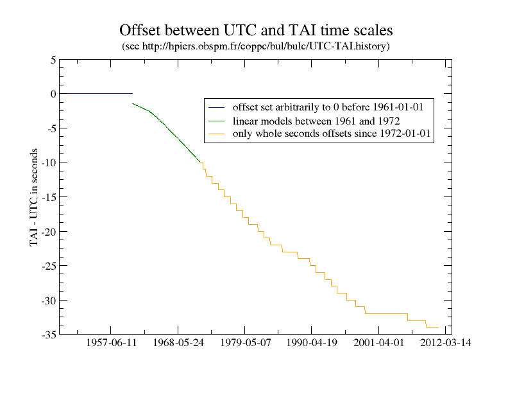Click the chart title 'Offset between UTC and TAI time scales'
click(255, 30)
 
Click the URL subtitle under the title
click(255, 46)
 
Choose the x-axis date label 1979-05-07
click(245, 344)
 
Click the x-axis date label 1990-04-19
click(312, 344)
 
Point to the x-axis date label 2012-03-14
click(446, 344)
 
